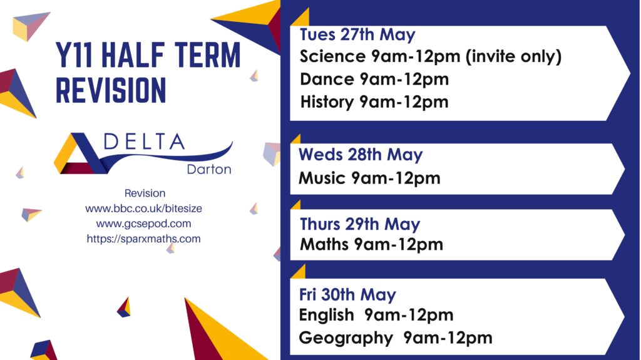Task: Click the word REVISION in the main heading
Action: [x=111, y=90]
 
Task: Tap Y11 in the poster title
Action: [x=74, y=55]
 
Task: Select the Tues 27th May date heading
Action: [x=357, y=35]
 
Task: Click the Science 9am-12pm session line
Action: [x=381, y=56]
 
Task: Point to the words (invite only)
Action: [x=513, y=57]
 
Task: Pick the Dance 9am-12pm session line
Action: [x=374, y=79]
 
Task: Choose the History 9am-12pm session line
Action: [x=374, y=102]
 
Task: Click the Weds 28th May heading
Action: [x=361, y=155]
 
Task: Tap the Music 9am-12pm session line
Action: [x=369, y=178]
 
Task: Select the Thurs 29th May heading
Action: [x=360, y=224]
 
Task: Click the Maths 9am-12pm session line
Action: [x=372, y=244]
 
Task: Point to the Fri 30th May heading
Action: [x=347, y=294]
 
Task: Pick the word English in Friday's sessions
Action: [x=326, y=315]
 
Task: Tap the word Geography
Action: [x=346, y=338]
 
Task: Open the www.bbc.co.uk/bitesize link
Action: [x=143, y=208]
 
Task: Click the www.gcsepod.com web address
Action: [x=143, y=224]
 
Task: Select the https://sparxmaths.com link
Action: [x=143, y=239]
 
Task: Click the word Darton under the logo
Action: [x=209, y=170]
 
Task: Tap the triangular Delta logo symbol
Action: [x=79, y=153]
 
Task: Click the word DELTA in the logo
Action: [x=144, y=141]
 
